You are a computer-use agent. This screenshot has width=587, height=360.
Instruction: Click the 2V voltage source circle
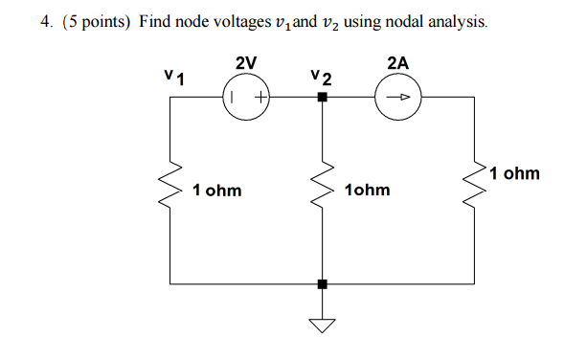[246, 97]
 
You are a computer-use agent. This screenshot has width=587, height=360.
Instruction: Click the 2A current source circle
[399, 97]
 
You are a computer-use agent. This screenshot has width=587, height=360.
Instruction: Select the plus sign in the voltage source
[259, 97]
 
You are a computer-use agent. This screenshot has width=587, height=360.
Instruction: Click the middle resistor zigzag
[323, 190]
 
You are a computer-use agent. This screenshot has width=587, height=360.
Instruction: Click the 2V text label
[245, 63]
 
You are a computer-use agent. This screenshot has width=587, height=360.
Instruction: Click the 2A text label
[398, 63]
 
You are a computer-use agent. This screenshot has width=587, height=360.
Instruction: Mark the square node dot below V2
[323, 98]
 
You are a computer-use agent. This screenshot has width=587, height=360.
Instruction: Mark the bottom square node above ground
[323, 283]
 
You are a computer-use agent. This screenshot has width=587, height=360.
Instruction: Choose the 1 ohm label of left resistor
[216, 191]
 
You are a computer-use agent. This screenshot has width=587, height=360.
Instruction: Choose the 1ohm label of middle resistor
[367, 191]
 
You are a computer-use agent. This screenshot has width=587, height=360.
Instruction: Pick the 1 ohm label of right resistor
[514, 174]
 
